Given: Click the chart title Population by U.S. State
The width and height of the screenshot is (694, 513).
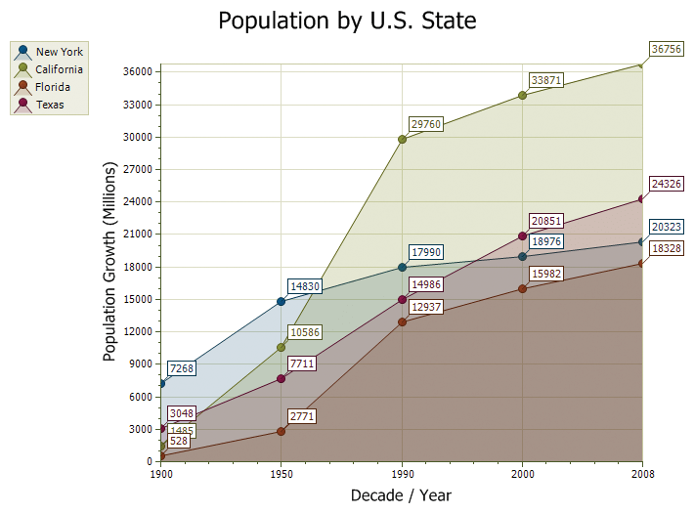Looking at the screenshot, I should click(347, 21).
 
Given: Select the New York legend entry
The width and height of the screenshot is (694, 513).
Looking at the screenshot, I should click(59, 52).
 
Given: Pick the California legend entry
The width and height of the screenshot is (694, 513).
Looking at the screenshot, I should click(59, 69).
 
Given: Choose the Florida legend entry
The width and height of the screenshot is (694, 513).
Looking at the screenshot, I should click(53, 87).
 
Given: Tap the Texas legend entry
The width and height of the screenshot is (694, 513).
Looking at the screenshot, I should click(50, 105).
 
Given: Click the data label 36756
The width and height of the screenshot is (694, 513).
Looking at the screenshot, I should click(667, 50).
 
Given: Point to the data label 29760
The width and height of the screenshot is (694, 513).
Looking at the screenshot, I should click(426, 124).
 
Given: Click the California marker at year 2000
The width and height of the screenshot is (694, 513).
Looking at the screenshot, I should click(523, 95).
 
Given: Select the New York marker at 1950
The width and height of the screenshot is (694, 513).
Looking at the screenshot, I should click(282, 301).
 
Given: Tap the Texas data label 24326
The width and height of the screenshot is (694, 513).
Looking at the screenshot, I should click(667, 184).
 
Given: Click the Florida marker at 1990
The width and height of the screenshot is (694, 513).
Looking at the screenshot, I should click(402, 321).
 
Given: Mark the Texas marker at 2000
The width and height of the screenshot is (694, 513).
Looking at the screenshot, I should click(523, 235).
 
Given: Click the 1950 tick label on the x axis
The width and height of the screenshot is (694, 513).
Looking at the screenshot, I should click(282, 473).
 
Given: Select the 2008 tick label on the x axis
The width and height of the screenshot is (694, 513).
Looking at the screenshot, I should click(642, 473).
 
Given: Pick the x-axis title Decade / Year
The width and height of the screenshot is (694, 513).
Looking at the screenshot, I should click(401, 495).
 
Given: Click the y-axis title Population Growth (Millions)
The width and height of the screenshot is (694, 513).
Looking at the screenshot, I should click(109, 263).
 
